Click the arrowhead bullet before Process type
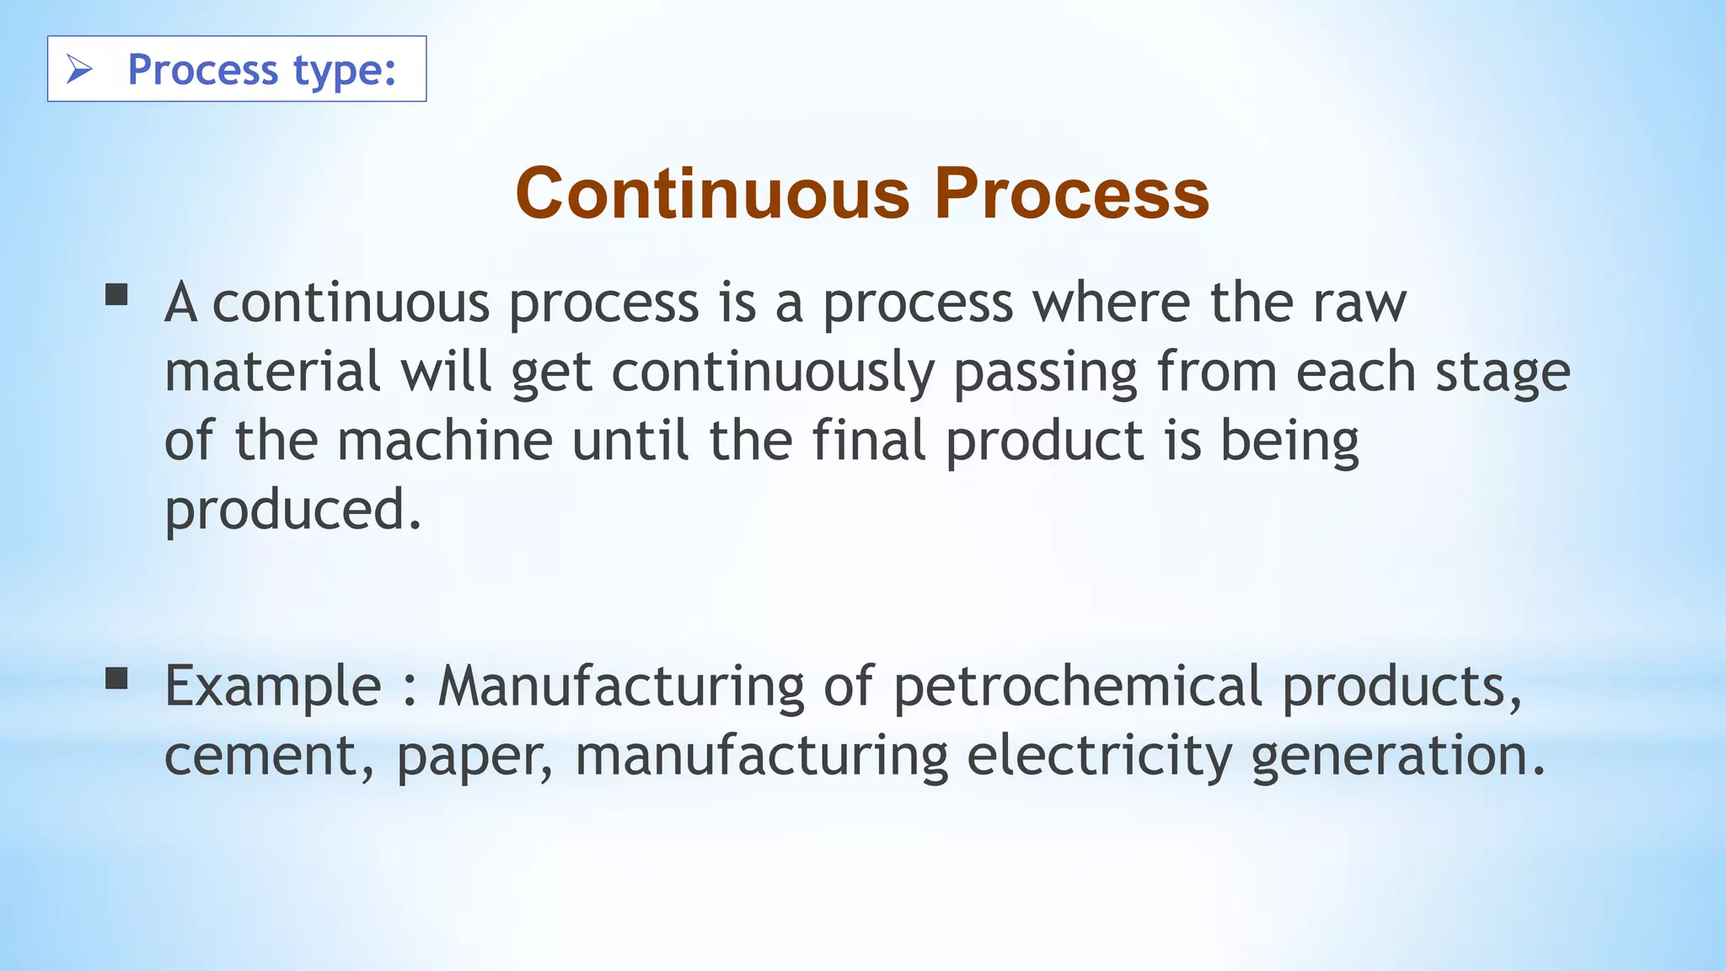[79, 69]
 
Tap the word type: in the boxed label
[345, 70]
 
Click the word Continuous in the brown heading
[712, 193]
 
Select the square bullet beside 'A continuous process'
[116, 294]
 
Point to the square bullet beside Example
[116, 678]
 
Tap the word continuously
[773, 373]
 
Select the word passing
[1045, 373]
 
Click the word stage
[1503, 373]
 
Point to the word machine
[445, 441]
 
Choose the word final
[868, 441]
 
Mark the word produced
[292, 511]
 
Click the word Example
[273, 687]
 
